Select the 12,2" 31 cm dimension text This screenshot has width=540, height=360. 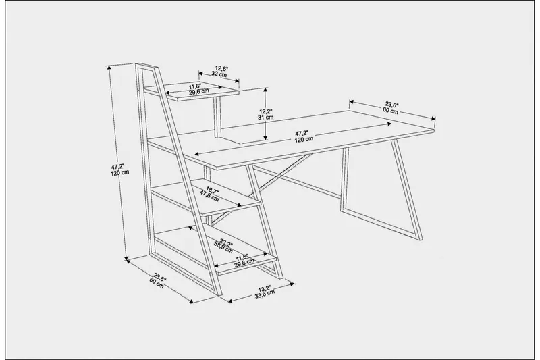pos(266,113)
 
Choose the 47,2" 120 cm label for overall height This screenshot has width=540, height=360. pos(119,168)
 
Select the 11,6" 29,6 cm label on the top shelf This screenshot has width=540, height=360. pos(198,89)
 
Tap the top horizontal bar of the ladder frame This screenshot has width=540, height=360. pos(148,66)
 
